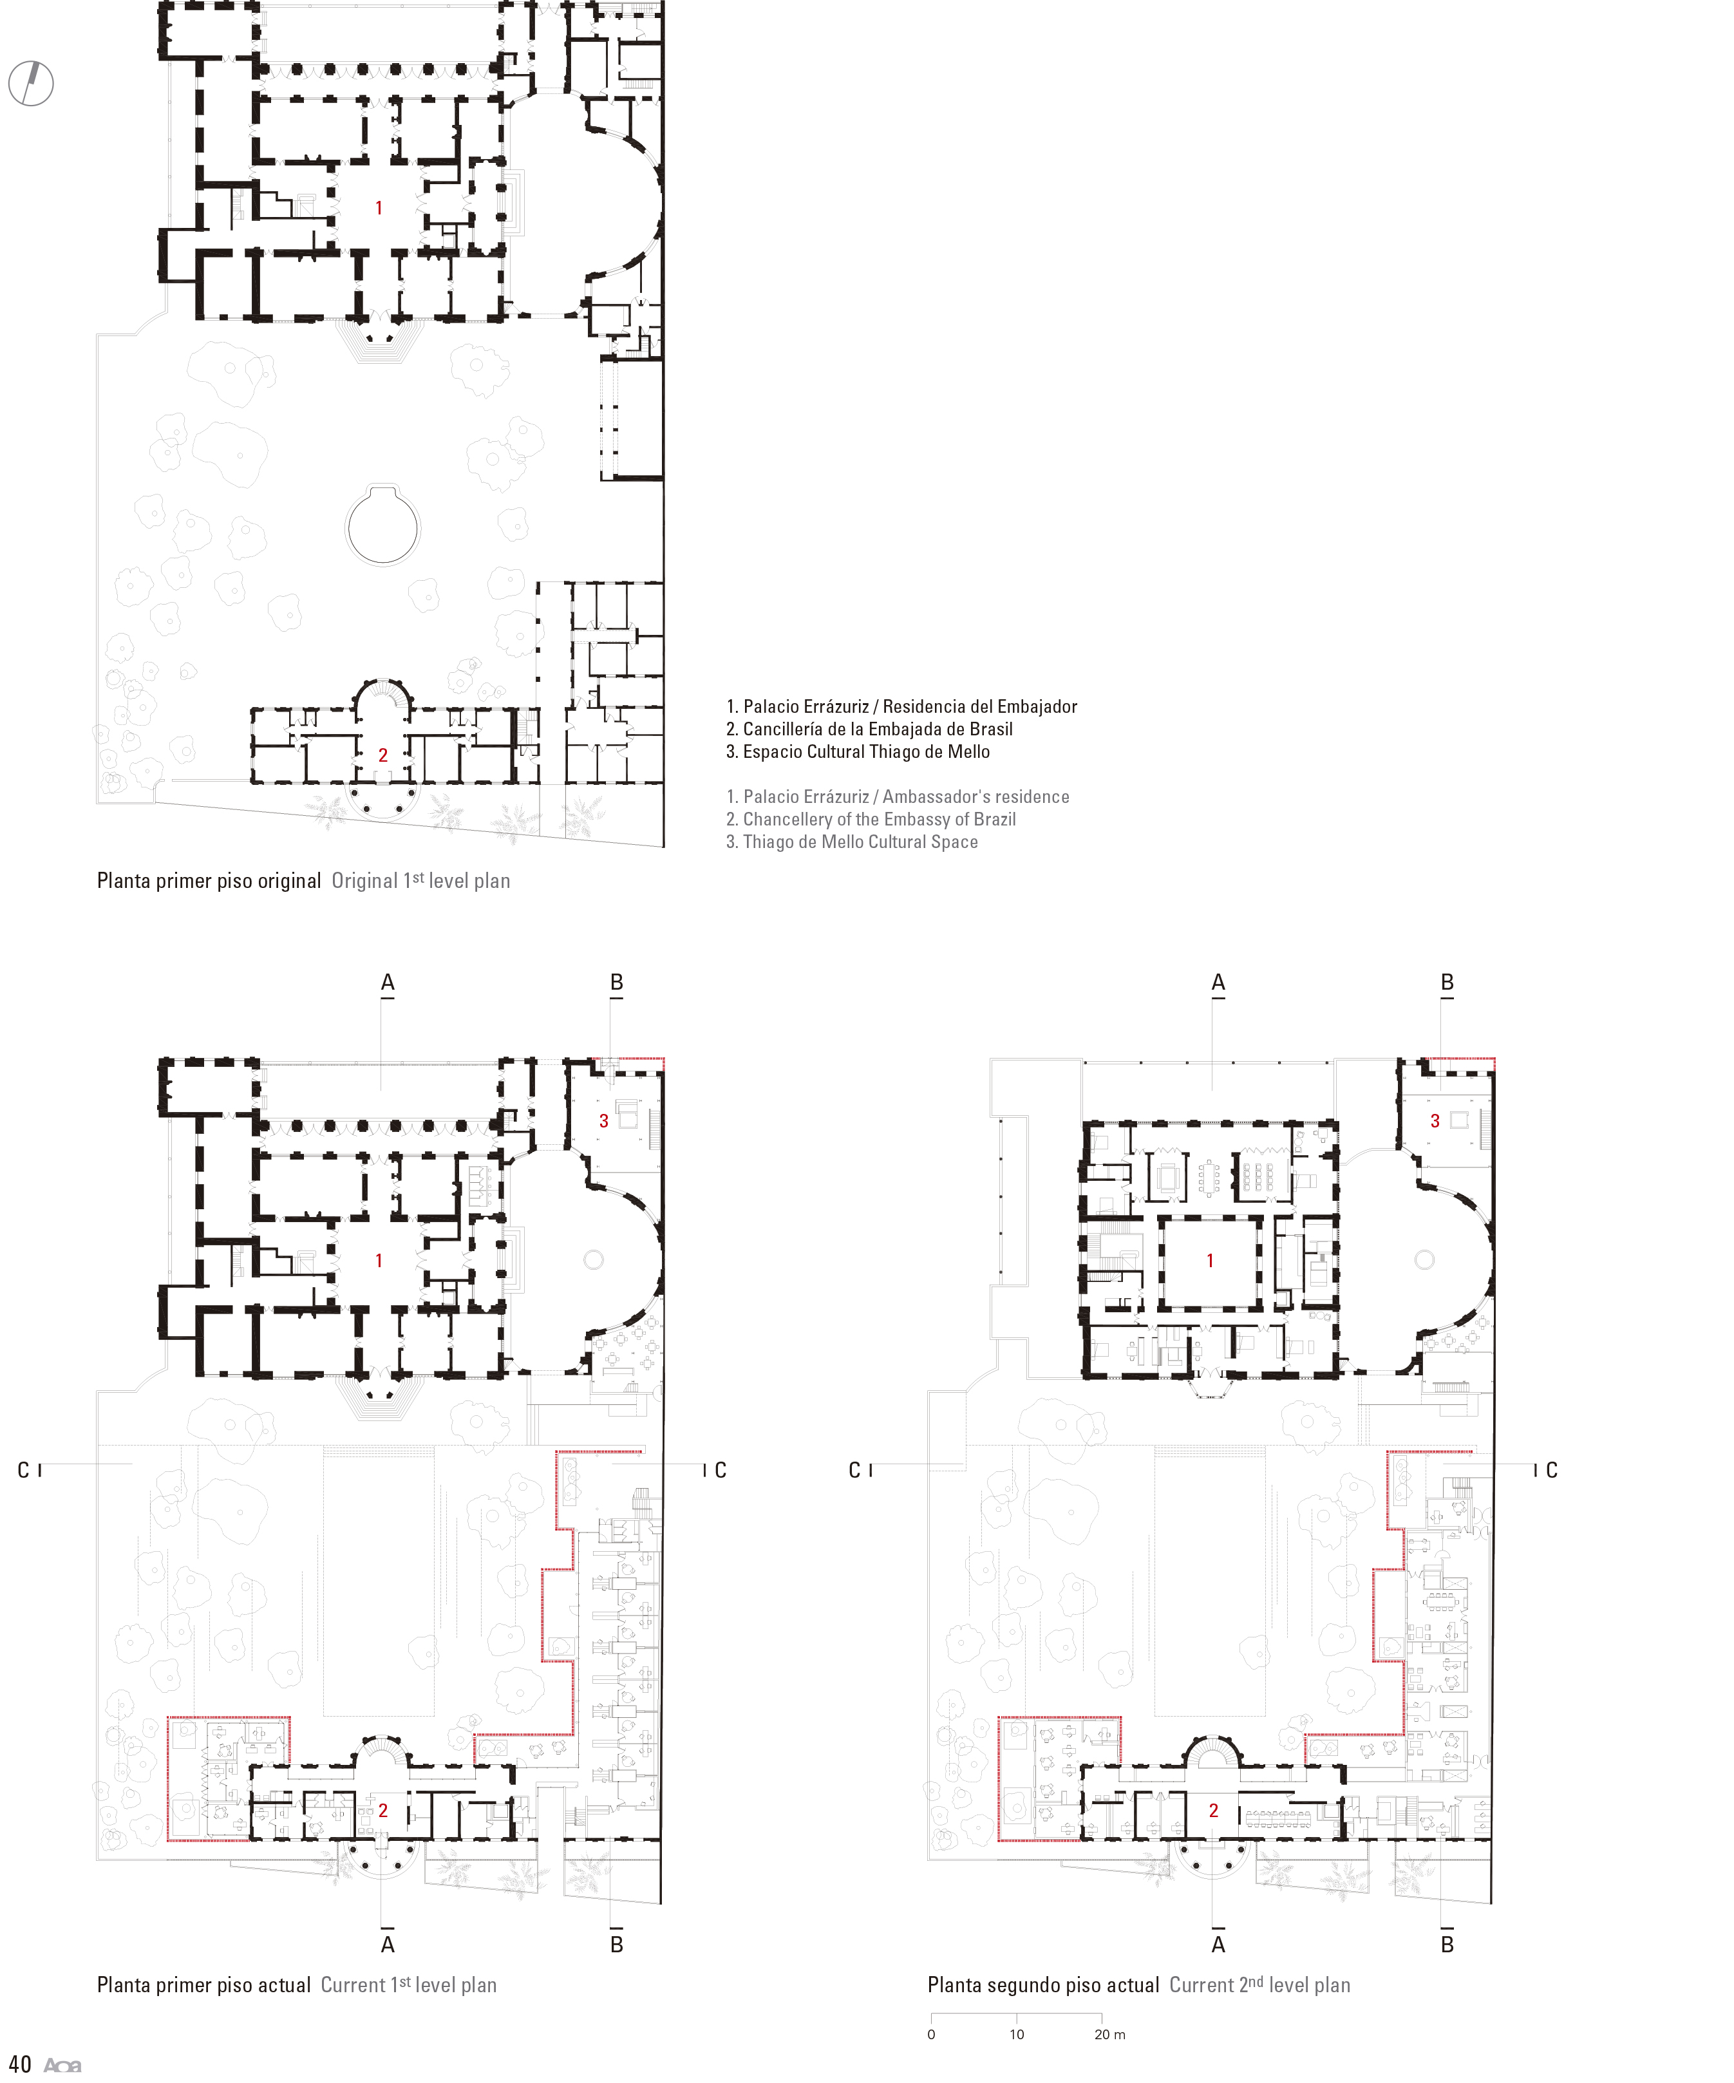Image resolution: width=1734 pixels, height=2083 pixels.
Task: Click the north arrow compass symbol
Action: [x=31, y=83]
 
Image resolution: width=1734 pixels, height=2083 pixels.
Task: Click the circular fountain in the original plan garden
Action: [x=383, y=525]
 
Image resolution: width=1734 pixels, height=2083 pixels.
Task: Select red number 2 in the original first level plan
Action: [x=383, y=755]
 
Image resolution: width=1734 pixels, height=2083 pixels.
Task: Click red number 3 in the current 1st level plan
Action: [x=603, y=1121]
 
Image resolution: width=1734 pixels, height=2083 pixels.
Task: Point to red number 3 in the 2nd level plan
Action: [x=1435, y=1121]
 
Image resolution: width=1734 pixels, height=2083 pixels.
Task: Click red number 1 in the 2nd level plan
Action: [x=1209, y=1261]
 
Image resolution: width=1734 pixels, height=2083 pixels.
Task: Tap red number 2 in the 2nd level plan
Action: [x=1213, y=1810]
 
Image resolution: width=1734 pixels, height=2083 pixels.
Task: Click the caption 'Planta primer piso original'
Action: [x=209, y=881]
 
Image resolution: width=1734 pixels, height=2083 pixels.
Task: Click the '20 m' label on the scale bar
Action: [x=1110, y=2035]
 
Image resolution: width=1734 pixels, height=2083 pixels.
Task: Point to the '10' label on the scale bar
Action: [x=1017, y=2035]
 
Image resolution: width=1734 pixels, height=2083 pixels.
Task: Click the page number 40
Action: [x=20, y=2064]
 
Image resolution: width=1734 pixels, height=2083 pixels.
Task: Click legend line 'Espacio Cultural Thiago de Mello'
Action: [x=858, y=752]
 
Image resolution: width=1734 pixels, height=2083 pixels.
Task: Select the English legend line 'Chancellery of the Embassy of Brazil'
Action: [x=871, y=819]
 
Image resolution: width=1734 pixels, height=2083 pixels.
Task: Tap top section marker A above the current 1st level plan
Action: [x=388, y=983]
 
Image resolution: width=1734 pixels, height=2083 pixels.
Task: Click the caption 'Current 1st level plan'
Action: [x=409, y=1984]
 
